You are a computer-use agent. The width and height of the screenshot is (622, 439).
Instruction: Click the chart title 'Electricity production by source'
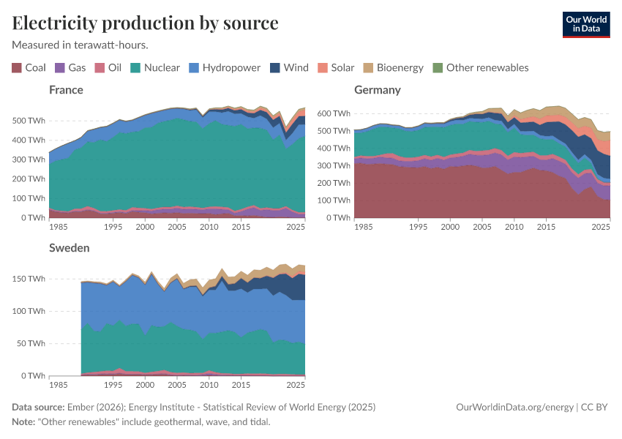point(145,23)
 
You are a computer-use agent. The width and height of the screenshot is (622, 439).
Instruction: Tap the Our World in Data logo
point(585,24)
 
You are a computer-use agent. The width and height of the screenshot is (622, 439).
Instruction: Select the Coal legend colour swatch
point(17,68)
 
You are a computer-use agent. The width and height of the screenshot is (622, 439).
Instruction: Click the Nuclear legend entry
point(154,68)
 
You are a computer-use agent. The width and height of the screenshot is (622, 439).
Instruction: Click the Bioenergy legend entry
point(393,68)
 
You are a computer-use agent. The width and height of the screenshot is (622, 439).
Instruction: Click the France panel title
point(66,90)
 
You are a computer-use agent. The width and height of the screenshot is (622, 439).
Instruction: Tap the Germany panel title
point(377,90)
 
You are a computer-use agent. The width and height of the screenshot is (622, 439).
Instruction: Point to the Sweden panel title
point(70,247)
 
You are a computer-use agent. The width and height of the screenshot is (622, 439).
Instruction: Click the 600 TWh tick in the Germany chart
point(333,113)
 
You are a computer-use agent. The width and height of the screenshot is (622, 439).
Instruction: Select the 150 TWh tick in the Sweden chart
point(28,279)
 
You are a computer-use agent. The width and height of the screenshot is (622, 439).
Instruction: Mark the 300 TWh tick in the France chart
point(28,159)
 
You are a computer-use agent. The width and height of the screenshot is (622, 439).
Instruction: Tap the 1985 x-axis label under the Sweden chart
point(59,385)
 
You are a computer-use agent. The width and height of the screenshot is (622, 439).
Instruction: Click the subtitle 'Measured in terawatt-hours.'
point(80,45)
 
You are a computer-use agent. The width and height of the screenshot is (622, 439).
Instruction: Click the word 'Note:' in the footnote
point(25,422)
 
